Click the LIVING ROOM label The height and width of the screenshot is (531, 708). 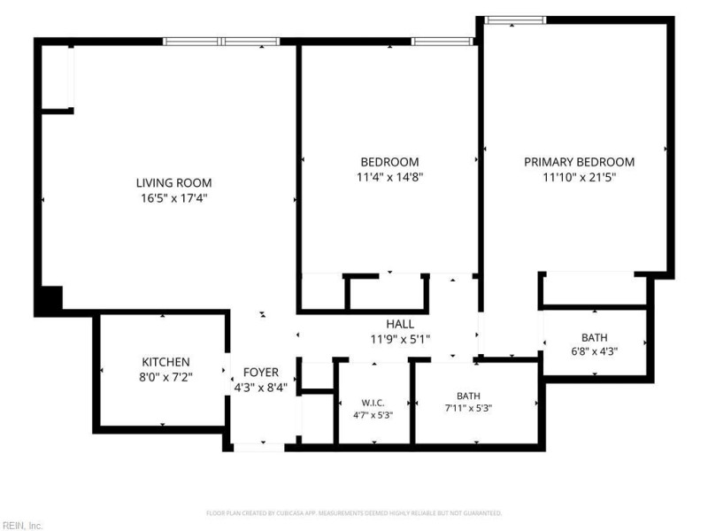pos(173,183)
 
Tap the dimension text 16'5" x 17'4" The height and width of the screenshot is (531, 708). pos(173,197)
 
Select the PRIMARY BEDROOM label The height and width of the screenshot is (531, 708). pos(579,162)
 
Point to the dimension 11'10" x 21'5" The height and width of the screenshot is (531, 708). pos(579,177)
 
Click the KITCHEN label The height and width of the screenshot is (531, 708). pos(165,362)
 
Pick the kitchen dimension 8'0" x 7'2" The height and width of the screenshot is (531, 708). pos(165,377)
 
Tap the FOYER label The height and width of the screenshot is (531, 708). pos(260,373)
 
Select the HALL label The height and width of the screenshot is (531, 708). pos(400,324)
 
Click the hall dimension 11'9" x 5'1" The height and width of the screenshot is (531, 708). pos(400,339)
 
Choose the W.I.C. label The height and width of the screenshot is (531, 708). pos(373,403)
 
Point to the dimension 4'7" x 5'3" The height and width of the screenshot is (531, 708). pos(373,415)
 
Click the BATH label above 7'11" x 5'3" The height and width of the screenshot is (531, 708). pos(468,396)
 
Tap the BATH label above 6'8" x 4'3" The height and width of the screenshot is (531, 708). pos(594,338)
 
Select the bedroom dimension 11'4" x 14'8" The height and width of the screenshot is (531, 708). pos(389,177)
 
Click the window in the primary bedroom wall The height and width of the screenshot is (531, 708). pos(515,19)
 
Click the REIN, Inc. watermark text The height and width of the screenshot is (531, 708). pos(21,526)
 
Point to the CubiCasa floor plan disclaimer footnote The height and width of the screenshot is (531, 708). pos(354,513)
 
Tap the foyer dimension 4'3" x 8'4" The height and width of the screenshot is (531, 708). pos(260,388)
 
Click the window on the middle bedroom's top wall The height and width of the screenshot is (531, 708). pos(442,42)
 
